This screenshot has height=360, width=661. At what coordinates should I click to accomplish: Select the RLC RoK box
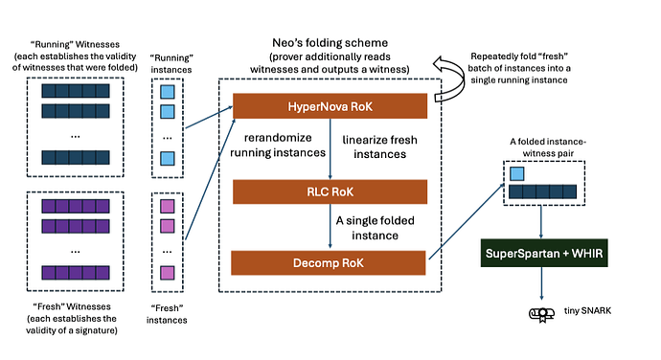click(x=330, y=192)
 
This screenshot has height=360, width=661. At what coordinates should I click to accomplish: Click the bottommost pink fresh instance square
click(x=167, y=274)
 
